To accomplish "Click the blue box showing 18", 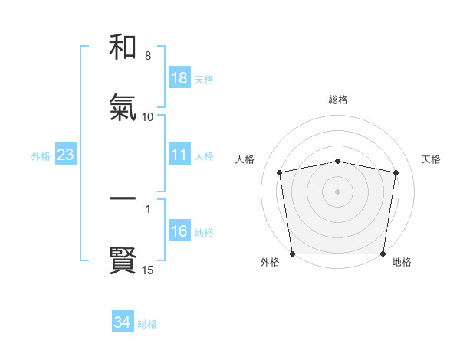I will click(x=179, y=78).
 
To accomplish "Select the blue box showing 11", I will click(x=179, y=155).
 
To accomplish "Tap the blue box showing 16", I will click(x=179, y=232).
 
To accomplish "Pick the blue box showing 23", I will click(x=66, y=155).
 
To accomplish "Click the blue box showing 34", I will click(x=123, y=323).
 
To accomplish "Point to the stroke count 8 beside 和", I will click(x=148, y=56).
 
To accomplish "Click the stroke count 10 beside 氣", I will click(x=148, y=117).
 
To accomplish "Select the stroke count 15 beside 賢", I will click(x=148, y=270).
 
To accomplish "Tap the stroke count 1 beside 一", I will click(x=148, y=208).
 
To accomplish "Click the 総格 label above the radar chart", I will click(x=338, y=100).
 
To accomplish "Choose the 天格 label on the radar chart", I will click(x=431, y=159).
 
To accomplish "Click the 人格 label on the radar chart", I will click(x=245, y=159).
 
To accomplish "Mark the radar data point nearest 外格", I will click(x=293, y=254).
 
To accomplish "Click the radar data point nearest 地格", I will click(x=383, y=254).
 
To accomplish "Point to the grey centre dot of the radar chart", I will click(x=338, y=191).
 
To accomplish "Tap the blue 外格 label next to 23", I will click(x=41, y=156).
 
